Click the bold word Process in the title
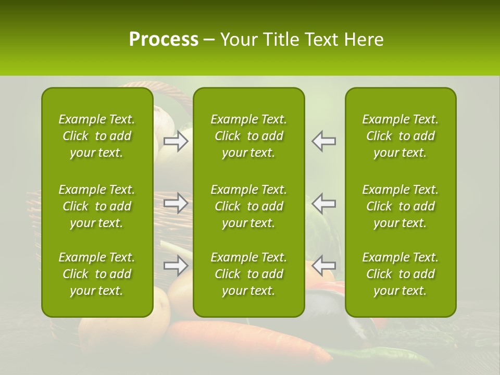tap(163, 40)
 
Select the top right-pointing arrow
tap(176, 141)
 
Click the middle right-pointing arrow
tap(176, 203)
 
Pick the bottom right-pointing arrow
tap(176, 266)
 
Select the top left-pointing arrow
tap(324, 141)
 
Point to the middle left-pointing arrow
tap(324, 203)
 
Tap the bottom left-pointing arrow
tap(324, 266)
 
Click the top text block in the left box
tap(97, 136)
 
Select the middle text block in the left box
tap(97, 206)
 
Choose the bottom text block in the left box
tap(97, 274)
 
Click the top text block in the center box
tap(248, 136)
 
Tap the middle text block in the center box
tap(248, 206)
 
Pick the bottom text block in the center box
tap(248, 274)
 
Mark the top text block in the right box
tap(400, 136)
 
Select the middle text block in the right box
tap(400, 206)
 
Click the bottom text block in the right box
tap(400, 274)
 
